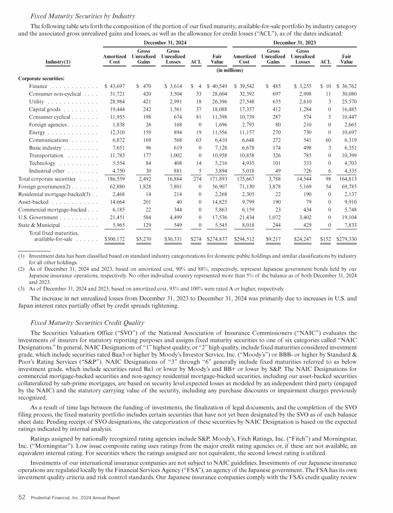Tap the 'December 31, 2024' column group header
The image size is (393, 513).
[x=165, y=42]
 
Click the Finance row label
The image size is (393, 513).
[x=39, y=87]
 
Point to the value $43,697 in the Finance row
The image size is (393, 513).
[x=114, y=87]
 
